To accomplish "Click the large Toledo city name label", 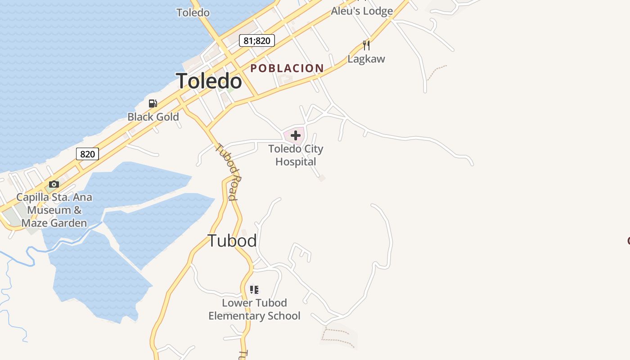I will tap(209, 81).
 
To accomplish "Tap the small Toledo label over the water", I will tap(193, 13).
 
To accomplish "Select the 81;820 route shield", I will tap(256, 41).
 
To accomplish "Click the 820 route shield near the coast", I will tap(87, 154).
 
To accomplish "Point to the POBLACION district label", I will tap(287, 68).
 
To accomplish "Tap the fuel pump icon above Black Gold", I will tap(153, 103).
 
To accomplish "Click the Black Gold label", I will tap(153, 117).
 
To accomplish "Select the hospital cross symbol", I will tap(296, 135).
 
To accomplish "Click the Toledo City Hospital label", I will tap(296, 155).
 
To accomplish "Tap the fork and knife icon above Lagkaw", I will tap(366, 45).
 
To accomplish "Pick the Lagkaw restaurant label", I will tap(366, 59).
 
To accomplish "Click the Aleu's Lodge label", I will tap(362, 11).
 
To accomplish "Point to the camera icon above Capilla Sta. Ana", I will tap(54, 184).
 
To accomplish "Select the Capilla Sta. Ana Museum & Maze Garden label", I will tap(54, 210).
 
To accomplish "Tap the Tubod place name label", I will tap(232, 241).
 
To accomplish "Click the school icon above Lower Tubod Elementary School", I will tap(254, 289).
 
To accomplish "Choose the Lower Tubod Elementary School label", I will tap(254, 310).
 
